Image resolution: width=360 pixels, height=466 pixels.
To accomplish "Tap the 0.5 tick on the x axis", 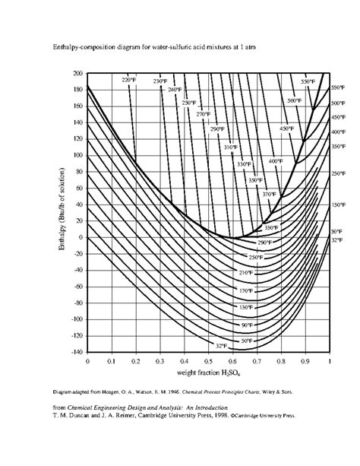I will click(x=209, y=362).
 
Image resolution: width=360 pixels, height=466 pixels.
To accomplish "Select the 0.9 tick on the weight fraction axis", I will click(x=306, y=362).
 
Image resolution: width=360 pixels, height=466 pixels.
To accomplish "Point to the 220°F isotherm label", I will click(x=129, y=80).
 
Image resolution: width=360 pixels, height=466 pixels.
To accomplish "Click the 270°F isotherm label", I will click(x=203, y=115).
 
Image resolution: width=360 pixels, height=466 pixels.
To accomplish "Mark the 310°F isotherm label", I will click(x=232, y=147).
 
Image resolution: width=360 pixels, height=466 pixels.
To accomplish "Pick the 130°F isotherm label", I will click(x=245, y=306).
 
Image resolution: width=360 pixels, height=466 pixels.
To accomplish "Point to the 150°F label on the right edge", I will click(x=339, y=204).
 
